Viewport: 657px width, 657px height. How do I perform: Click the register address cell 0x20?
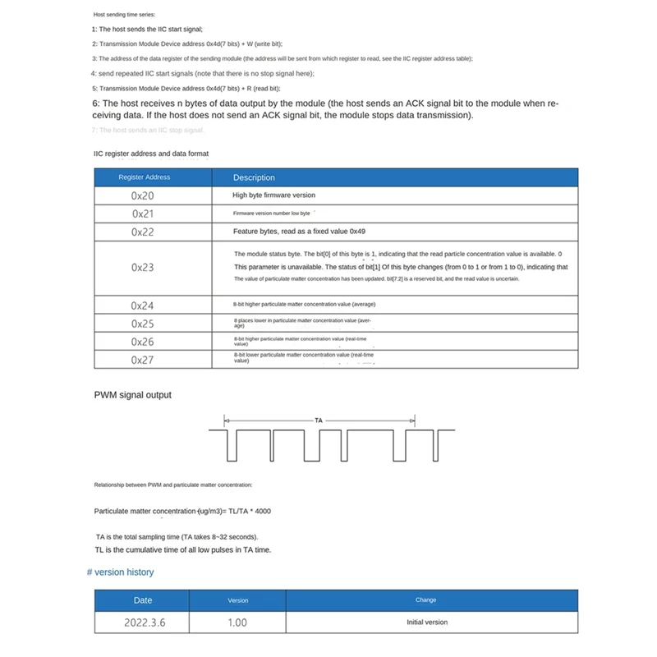point(143,195)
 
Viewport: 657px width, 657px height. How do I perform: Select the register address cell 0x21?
point(143,214)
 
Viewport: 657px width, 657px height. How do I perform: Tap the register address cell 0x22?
point(143,232)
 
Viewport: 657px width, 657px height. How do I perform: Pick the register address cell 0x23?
point(143,267)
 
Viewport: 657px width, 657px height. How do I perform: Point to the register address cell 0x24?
point(143,305)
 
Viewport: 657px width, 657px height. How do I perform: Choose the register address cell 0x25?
point(143,324)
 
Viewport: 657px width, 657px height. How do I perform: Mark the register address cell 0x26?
point(143,341)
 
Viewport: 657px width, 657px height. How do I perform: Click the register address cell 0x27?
point(143,359)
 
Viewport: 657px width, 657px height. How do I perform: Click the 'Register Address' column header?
point(145,177)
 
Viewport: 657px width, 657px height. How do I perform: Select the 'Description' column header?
point(254,177)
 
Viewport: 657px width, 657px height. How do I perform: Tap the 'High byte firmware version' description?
point(273,195)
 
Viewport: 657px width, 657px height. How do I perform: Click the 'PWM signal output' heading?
point(133,395)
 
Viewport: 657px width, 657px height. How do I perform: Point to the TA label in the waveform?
point(319,420)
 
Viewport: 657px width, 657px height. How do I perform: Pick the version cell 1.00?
point(237,623)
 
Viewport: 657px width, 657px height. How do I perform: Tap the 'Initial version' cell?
point(427,623)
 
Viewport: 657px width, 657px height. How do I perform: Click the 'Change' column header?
point(426,600)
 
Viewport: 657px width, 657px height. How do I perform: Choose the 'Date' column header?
point(143,600)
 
